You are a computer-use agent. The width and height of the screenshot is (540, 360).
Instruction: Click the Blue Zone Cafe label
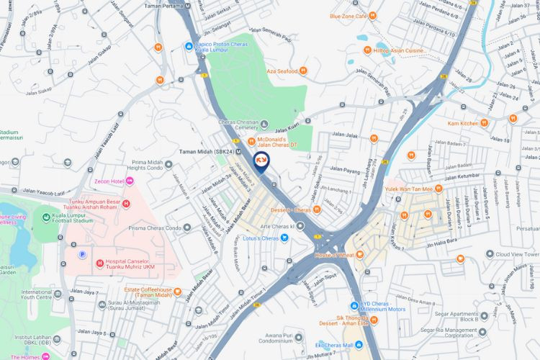point(348,16)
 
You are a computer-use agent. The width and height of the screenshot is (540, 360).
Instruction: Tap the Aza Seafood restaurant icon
point(303,71)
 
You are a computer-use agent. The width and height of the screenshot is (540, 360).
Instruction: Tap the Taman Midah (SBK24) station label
point(206,152)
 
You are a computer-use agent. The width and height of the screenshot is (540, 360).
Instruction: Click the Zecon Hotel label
point(109,181)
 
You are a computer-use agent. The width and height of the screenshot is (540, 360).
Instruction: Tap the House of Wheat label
point(334,255)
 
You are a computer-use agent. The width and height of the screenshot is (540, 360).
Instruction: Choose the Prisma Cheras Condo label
point(153,228)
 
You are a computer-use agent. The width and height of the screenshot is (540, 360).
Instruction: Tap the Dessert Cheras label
point(291,210)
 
